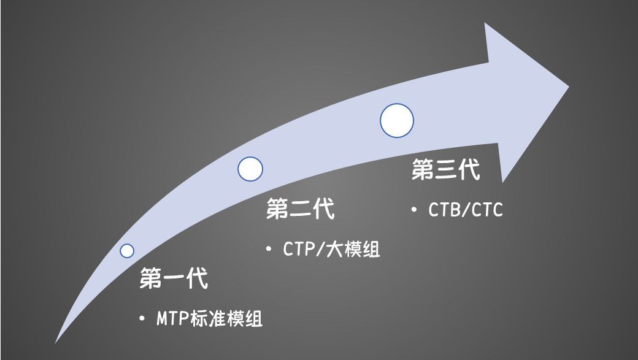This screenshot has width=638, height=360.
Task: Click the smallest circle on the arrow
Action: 127,251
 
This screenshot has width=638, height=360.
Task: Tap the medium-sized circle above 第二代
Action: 250,169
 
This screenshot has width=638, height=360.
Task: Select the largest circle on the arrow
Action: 397,120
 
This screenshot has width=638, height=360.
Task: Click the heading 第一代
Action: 174,278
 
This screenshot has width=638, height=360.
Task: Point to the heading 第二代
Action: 300,209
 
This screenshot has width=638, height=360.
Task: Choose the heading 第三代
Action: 446,169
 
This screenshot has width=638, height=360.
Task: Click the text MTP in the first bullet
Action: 173,318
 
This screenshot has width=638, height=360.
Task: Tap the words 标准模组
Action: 226,318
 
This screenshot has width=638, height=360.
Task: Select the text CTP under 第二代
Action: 299,249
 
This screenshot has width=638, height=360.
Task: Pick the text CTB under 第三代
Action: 444,210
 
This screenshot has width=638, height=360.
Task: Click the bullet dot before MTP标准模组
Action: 142,318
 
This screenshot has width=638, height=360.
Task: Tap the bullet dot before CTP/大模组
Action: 269,248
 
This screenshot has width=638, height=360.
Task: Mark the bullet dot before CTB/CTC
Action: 414,210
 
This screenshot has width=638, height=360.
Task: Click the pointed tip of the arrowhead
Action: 569,86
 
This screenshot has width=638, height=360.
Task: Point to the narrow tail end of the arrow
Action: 55,343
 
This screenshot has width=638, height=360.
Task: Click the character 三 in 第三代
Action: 446,169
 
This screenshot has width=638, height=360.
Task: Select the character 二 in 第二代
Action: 300,209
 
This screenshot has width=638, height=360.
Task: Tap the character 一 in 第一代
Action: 174,278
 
